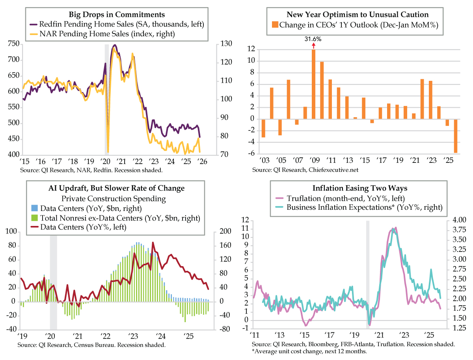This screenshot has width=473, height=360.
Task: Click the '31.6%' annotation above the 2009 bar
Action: click(313, 39)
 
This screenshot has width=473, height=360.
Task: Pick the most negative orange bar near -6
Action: click(455, 136)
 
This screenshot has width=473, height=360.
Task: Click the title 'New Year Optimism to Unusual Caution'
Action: click(357, 15)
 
